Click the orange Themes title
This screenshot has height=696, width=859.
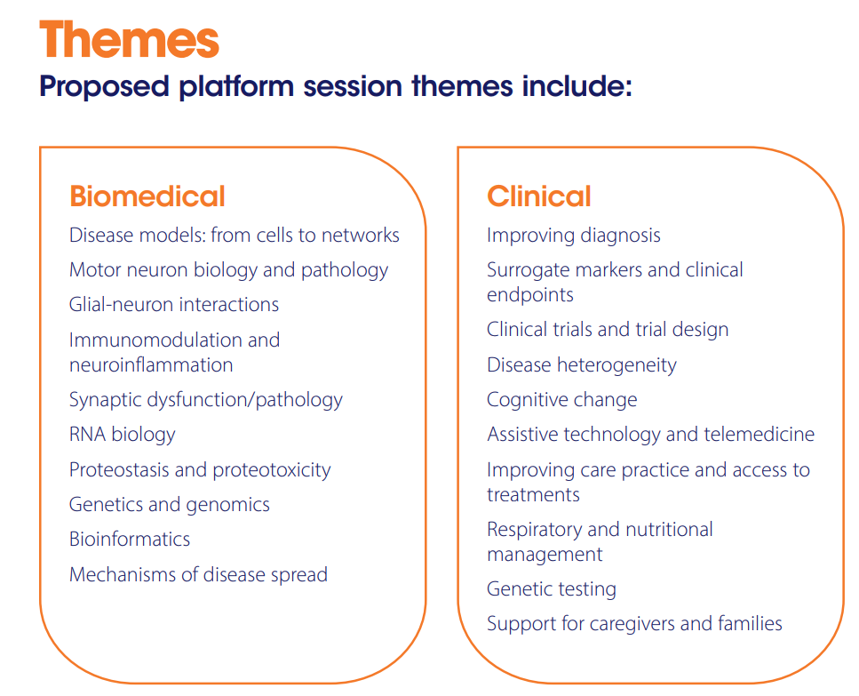tap(130, 39)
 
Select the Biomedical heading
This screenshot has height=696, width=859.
tap(147, 196)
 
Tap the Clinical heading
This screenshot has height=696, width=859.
tap(539, 196)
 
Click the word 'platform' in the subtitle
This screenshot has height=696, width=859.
tap(236, 86)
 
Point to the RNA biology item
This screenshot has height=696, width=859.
tap(123, 435)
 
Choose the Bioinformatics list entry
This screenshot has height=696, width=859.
tap(130, 540)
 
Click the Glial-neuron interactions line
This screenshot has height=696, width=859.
tap(174, 305)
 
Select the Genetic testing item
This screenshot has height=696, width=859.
tap(552, 589)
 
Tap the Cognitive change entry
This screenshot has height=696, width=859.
tap(562, 400)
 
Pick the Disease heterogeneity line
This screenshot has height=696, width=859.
tap(582, 365)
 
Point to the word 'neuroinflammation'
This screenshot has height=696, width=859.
tap(151, 365)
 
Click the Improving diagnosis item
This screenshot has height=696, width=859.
tap(574, 236)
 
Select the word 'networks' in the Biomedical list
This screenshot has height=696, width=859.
tap(361, 235)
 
